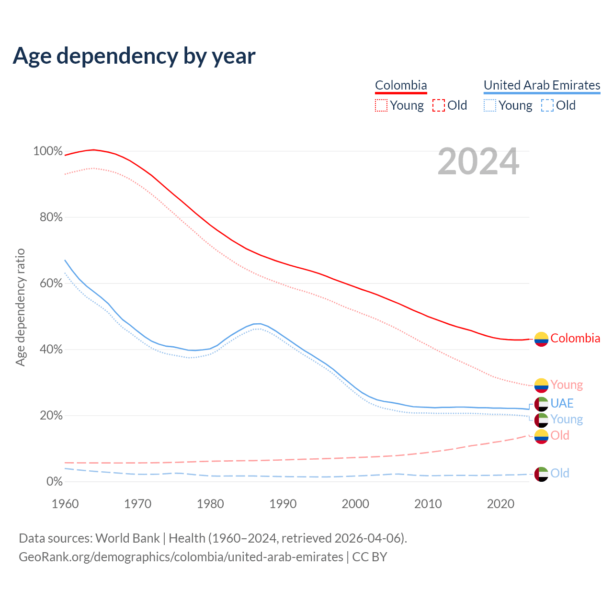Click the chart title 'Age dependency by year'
(134, 56)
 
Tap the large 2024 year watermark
(478, 162)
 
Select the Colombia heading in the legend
(401, 85)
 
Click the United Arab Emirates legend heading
(542, 85)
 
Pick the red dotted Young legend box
(381, 105)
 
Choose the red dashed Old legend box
(439, 105)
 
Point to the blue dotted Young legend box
(490, 105)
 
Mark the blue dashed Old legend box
(547, 105)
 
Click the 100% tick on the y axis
(48, 151)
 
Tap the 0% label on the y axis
(54, 482)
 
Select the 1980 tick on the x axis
(210, 504)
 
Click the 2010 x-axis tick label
(428, 504)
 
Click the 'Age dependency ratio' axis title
(20, 307)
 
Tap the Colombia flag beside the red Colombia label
(541, 339)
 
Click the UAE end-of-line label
(562, 403)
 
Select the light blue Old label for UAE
(560, 473)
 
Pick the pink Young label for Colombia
(567, 385)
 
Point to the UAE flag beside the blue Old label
(541, 474)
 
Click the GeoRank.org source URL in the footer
(181, 557)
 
